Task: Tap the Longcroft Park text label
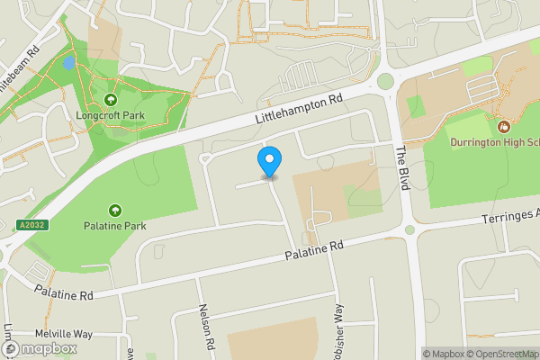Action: [x=111, y=114]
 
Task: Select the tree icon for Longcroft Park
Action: [x=111, y=100]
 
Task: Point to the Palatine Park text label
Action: [x=115, y=225]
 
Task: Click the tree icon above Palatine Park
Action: [x=115, y=210]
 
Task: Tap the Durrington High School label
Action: [x=494, y=141]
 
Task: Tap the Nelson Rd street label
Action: [x=208, y=327]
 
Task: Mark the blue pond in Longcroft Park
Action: [x=69, y=65]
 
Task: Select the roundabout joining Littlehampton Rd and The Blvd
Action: [x=386, y=82]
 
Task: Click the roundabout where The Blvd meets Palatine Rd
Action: [x=410, y=230]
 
